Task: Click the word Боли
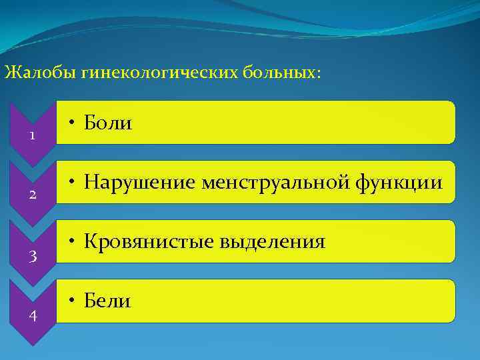107,123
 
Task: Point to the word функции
403,182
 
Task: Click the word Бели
107,301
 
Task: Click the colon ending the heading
318,74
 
